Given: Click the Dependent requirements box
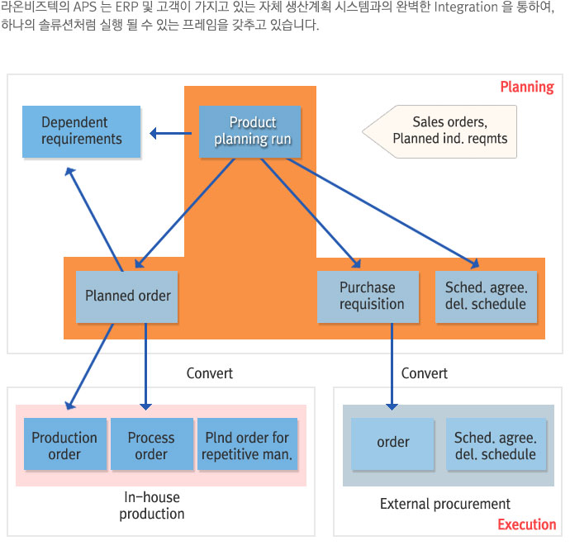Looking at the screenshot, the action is [x=82, y=131].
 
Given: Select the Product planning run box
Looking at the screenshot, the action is [x=250, y=131].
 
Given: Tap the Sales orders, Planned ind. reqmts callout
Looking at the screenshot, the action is [x=439, y=131].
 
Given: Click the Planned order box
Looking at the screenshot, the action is [x=127, y=296].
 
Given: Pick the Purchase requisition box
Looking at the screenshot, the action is [x=368, y=296].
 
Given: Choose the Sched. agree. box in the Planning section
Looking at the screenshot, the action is [x=486, y=296].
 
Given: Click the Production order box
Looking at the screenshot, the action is [x=65, y=444].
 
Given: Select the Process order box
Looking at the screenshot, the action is [x=152, y=444].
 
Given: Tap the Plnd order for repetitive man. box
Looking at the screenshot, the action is [x=248, y=444].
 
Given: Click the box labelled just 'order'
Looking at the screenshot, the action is [x=392, y=444].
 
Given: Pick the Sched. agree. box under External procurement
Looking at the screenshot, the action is [x=496, y=444].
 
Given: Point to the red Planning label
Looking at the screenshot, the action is [x=527, y=88].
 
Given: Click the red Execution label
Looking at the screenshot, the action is [x=527, y=524].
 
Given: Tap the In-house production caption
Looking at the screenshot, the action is [x=152, y=505].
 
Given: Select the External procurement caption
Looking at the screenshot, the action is [x=445, y=504].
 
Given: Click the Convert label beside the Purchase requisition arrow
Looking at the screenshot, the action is [x=425, y=373].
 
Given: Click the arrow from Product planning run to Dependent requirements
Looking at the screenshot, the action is [x=171, y=134].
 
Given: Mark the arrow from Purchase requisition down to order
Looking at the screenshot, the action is [x=392, y=367].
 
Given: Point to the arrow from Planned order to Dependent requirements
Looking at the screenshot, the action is [x=94, y=219].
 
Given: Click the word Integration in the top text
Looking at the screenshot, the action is [x=466, y=7].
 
